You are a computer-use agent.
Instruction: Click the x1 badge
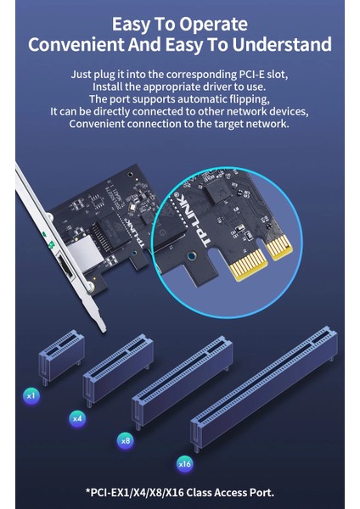pyautogui.click(x=31, y=395)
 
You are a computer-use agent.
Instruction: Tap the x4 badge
pyautogui.click(x=77, y=418)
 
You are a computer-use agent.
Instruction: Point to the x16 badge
pyautogui.click(x=184, y=464)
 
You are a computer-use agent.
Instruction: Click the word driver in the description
pyautogui.click(x=217, y=87)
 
